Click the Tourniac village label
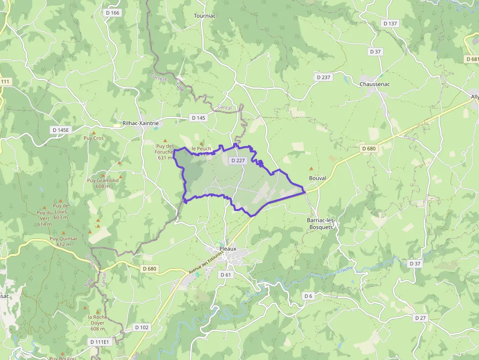point(205,16)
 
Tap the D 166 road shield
point(112,13)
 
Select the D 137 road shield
point(391,23)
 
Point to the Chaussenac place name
point(375,84)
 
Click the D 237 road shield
point(324,77)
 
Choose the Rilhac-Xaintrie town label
point(141,124)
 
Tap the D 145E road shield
point(62,130)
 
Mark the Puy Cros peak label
point(94,138)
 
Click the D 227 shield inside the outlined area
point(238,160)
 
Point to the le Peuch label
point(201,148)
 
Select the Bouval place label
point(317,178)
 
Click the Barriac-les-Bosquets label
point(320,224)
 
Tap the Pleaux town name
point(228,249)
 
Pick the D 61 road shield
point(225,275)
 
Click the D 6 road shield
point(308,296)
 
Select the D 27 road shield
point(420,318)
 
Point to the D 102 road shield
point(142,327)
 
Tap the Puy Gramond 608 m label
point(103,183)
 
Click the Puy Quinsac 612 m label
point(64,241)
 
